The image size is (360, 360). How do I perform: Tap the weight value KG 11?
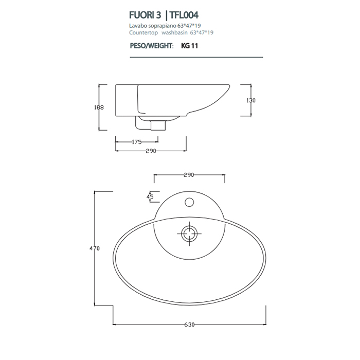pyautogui.click(x=190, y=45)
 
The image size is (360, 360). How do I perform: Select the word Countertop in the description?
pyautogui.click(x=141, y=32)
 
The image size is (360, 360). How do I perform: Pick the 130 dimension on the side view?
pyautogui.click(x=250, y=100)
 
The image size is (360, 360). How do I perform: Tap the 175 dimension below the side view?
pyautogui.click(x=136, y=142)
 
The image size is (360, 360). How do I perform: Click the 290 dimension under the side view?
pyautogui.click(x=151, y=151)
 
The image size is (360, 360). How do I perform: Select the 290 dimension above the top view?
pyautogui.click(x=189, y=175)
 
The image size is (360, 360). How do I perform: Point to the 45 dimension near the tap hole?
pyautogui.click(x=150, y=196)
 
